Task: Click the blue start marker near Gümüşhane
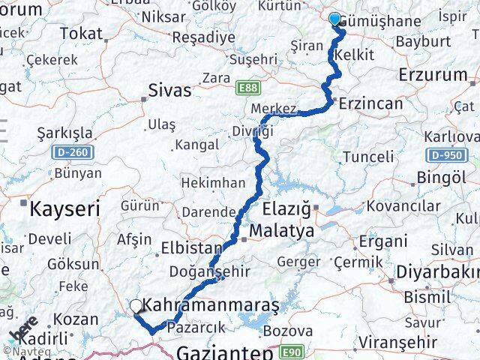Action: click(334, 19)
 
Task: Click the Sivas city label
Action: click(170, 91)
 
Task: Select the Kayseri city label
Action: click(64, 209)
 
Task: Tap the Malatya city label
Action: click(283, 232)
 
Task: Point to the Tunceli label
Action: click(367, 157)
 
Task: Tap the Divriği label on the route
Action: click(251, 131)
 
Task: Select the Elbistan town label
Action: click(192, 247)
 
